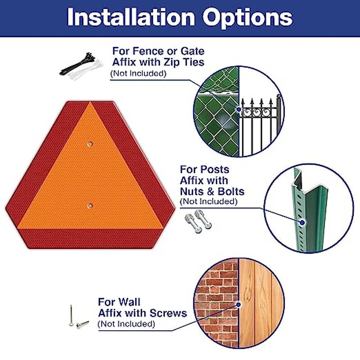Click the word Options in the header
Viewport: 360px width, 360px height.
coord(247,18)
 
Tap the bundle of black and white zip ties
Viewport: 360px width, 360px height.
coord(81,66)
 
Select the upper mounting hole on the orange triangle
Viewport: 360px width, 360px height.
coord(90,144)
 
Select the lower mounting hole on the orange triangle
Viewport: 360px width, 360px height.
coord(90,206)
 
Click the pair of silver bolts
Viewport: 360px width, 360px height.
coord(198,221)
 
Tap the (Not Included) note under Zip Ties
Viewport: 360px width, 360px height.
coord(138,73)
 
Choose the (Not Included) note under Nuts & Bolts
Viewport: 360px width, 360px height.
coord(208,202)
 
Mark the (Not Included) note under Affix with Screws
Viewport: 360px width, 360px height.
coord(126,324)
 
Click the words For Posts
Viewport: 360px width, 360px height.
coord(204,170)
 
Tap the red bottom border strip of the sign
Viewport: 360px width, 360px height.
coord(90,237)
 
